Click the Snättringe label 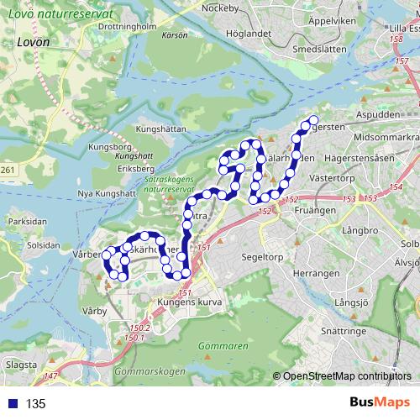[344, 332]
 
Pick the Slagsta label [21, 365]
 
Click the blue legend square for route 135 [11, 404]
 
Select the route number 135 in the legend [35, 404]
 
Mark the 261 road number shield [8, 171]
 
